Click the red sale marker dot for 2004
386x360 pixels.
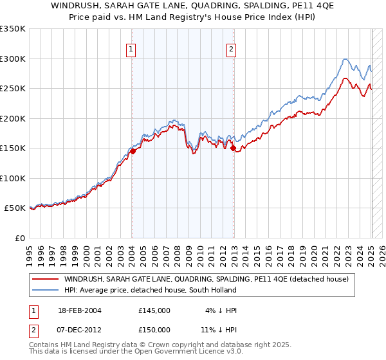[x=133, y=152]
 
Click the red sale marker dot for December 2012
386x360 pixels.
[x=233, y=148]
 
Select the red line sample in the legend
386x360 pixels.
[x=45, y=280]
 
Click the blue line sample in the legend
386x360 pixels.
[x=45, y=291]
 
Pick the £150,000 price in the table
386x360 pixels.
[x=154, y=329]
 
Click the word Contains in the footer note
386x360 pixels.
[x=46, y=346]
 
